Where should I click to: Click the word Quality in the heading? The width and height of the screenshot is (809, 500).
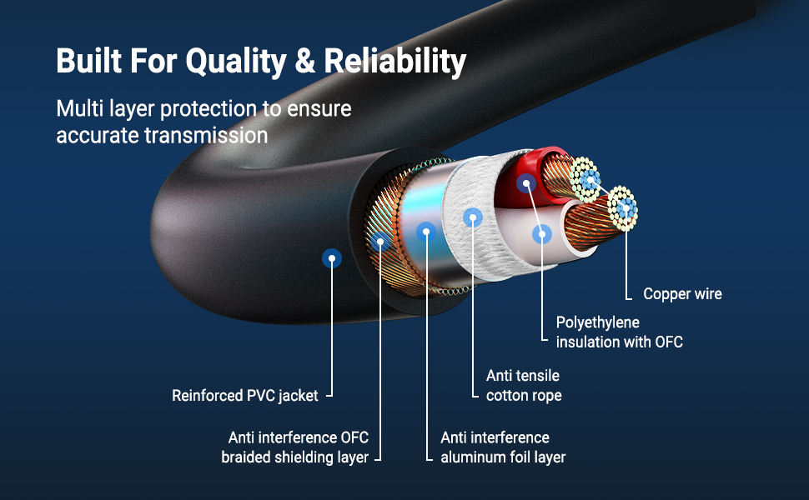click(x=236, y=62)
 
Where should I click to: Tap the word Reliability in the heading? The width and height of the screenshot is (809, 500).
click(x=395, y=62)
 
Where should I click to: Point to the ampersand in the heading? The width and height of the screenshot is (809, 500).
click(x=305, y=60)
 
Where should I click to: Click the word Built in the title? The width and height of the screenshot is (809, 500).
click(x=88, y=60)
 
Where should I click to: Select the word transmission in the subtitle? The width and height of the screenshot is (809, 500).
click(x=206, y=136)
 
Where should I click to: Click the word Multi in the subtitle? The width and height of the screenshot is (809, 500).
click(x=80, y=109)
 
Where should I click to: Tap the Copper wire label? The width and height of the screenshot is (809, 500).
click(x=682, y=294)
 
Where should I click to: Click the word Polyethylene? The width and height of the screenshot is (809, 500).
click(x=597, y=323)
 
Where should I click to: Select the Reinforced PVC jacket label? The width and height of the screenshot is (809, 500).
click(x=245, y=396)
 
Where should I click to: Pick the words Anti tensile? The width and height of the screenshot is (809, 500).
click(x=523, y=375)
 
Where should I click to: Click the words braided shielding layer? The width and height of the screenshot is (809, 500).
click(x=295, y=457)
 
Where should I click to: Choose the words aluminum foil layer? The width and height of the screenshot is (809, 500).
click(x=503, y=457)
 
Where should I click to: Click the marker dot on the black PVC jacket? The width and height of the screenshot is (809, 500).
click(x=332, y=258)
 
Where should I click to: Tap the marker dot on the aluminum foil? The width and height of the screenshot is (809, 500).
click(x=425, y=232)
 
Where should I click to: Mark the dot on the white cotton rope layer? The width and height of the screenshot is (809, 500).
click(x=473, y=217)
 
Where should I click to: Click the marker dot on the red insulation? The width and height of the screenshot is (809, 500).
click(x=526, y=183)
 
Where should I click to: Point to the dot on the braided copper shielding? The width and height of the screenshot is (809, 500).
click(x=379, y=241)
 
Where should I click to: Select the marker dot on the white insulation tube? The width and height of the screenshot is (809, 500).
click(x=542, y=234)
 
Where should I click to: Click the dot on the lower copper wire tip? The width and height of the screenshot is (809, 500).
click(x=626, y=208)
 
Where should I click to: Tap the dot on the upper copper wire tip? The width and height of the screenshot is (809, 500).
click(x=590, y=180)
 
